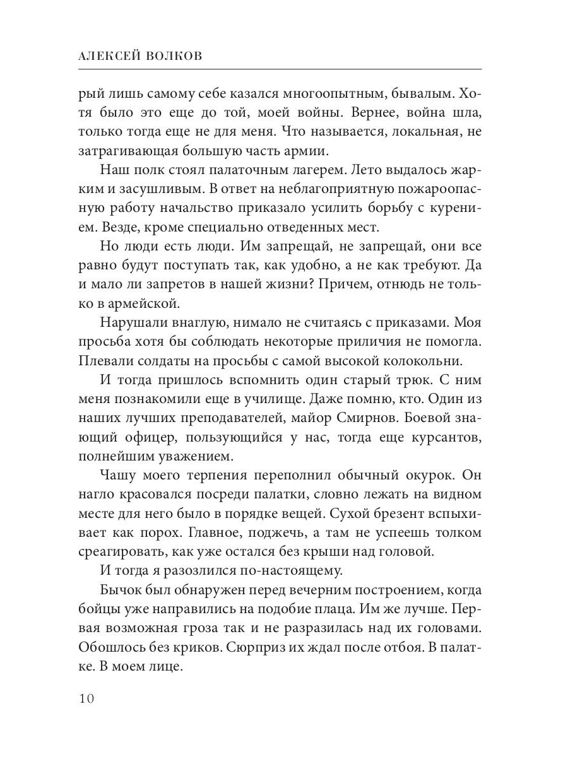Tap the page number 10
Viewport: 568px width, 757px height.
[x=86, y=698]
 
